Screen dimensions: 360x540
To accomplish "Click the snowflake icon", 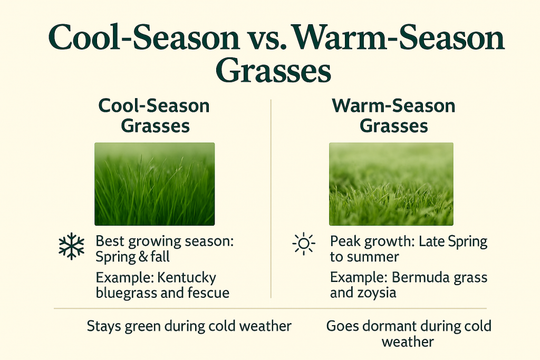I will click(x=72, y=246).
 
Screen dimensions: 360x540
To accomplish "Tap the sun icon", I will click(x=303, y=245).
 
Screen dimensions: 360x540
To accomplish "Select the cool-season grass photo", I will click(x=155, y=184).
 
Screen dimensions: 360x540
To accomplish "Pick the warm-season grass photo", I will click(x=391, y=184).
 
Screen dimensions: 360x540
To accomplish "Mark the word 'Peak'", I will click(x=345, y=242).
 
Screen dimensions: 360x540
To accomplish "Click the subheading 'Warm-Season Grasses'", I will click(x=394, y=115).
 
